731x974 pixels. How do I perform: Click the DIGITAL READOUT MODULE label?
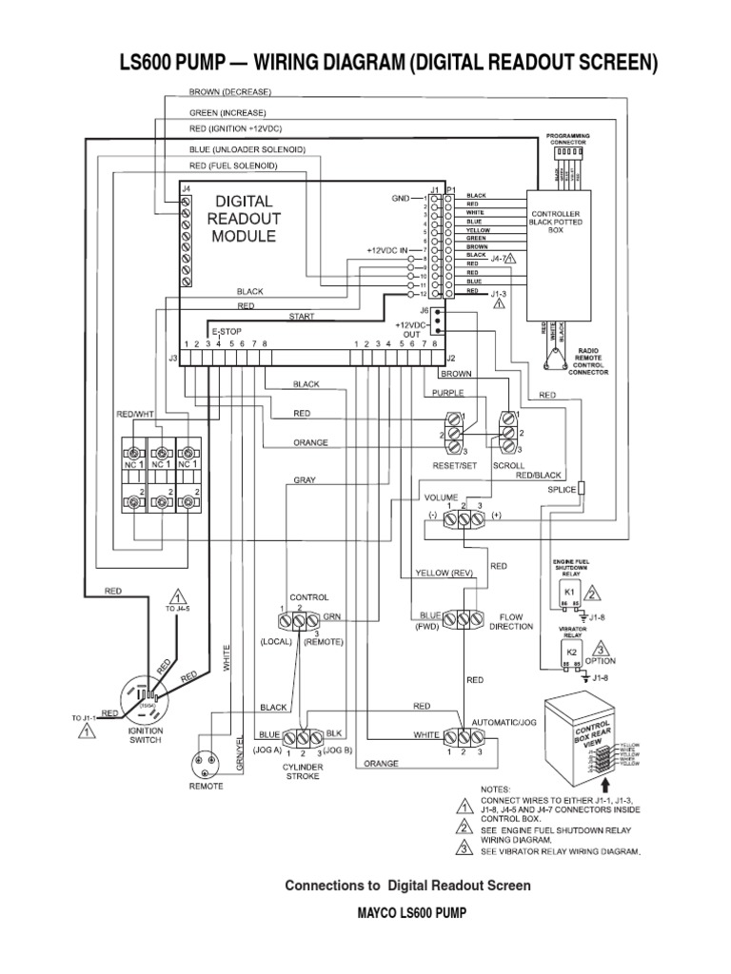coord(243,219)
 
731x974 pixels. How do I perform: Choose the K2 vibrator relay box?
coord(573,653)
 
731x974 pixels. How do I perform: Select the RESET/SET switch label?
coord(454,467)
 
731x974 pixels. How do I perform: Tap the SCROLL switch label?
coord(507,467)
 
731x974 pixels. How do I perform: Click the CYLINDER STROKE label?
coord(303,770)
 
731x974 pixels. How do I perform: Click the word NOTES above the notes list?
coord(497,789)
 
